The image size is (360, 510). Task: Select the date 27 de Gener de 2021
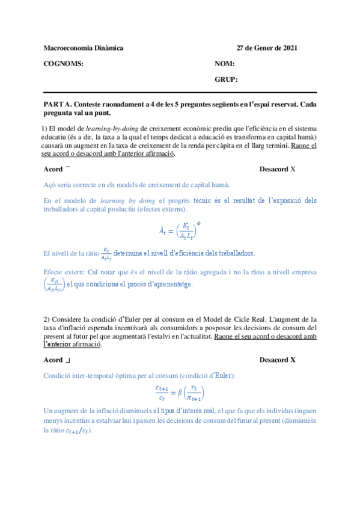[x=266, y=48]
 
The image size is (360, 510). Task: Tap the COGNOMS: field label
[x=64, y=64]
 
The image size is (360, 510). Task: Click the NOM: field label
[x=224, y=64]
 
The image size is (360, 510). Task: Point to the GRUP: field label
[x=226, y=79]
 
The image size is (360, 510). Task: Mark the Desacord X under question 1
[x=277, y=170]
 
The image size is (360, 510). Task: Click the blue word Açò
[x=51, y=185]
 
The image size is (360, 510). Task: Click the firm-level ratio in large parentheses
[x=55, y=284]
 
